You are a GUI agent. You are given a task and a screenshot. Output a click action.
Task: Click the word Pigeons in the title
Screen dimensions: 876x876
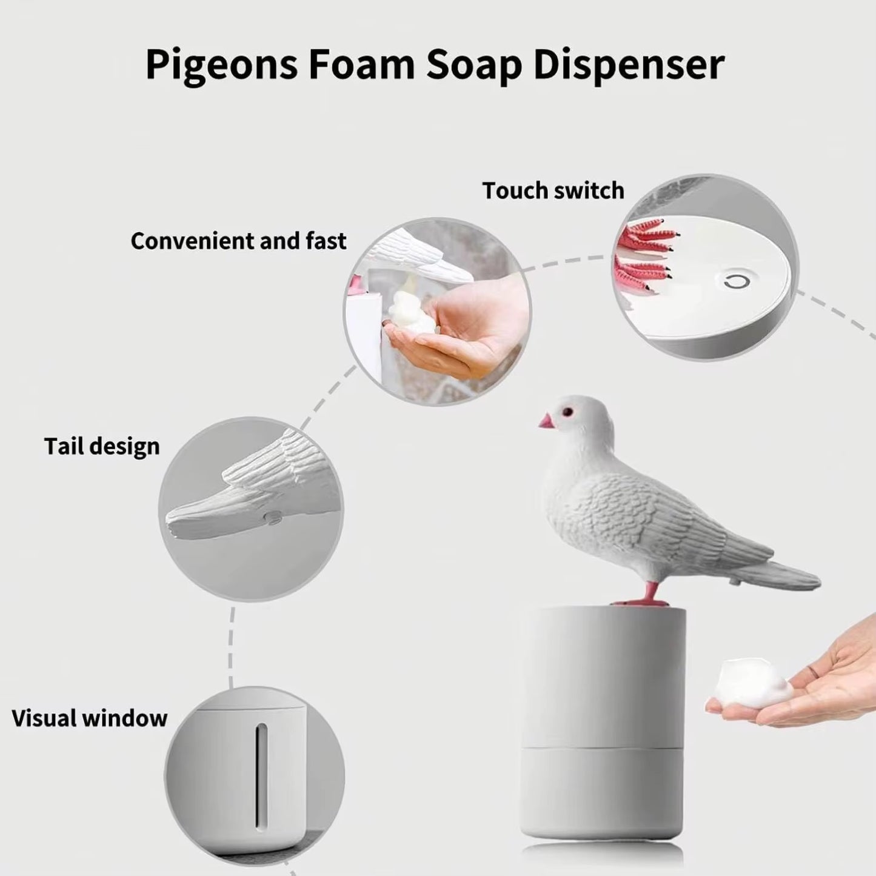click(x=221, y=65)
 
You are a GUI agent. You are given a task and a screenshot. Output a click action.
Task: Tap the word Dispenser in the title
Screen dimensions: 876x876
click(x=629, y=65)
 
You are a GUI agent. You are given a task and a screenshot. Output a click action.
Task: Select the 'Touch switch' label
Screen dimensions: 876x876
click(x=553, y=190)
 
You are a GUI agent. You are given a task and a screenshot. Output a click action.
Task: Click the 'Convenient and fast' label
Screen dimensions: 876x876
click(x=238, y=241)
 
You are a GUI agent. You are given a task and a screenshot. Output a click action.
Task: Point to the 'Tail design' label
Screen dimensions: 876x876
click(x=102, y=446)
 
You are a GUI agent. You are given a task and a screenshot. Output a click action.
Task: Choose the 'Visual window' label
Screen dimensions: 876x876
click(x=89, y=718)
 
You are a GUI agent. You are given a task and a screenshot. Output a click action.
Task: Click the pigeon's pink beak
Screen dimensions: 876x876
click(x=546, y=421)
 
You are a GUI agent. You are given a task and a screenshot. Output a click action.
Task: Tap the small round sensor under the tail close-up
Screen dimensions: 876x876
click(x=273, y=517)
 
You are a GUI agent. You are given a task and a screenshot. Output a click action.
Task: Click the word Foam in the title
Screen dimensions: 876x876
click(x=361, y=65)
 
